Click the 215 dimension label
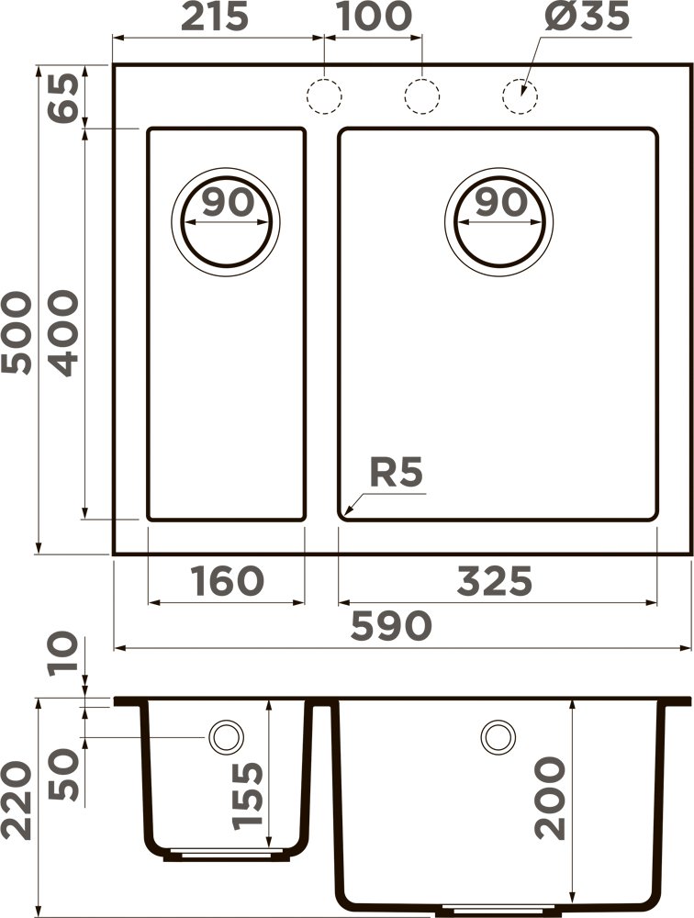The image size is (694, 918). click(x=216, y=17)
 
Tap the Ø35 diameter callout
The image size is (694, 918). click(x=588, y=18)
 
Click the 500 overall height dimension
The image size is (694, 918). click(x=18, y=332)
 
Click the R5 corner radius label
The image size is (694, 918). click(x=396, y=474)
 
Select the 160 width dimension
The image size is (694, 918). click(x=228, y=580)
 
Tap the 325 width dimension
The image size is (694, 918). click(x=495, y=580)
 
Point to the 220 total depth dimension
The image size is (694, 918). click(x=18, y=801)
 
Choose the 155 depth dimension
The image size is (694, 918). click(x=249, y=795)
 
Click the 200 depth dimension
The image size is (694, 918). click(x=551, y=797)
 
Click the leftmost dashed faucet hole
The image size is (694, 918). click(x=324, y=95)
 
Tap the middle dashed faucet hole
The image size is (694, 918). click(x=421, y=95)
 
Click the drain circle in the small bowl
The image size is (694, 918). click(x=226, y=221)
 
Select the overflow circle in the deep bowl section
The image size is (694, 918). click(x=498, y=735)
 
